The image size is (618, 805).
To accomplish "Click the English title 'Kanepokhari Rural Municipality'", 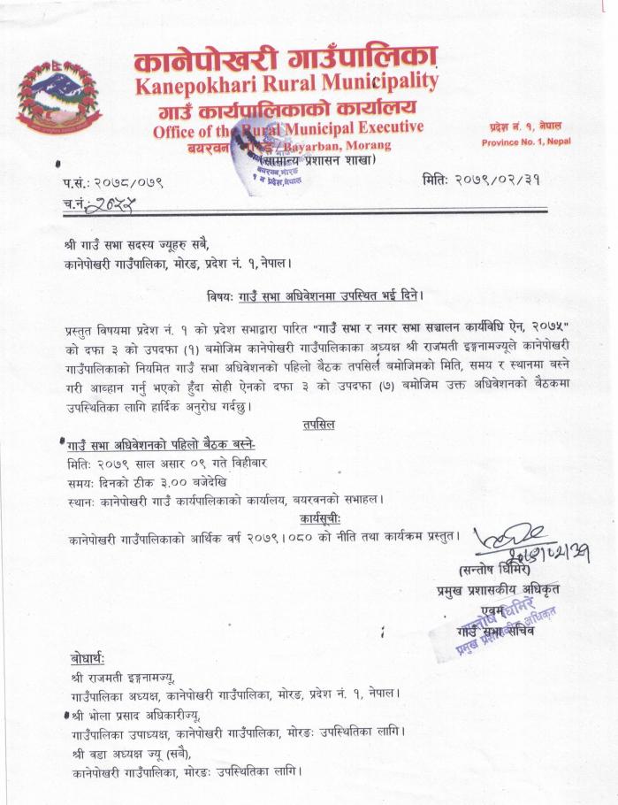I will [286, 87].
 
